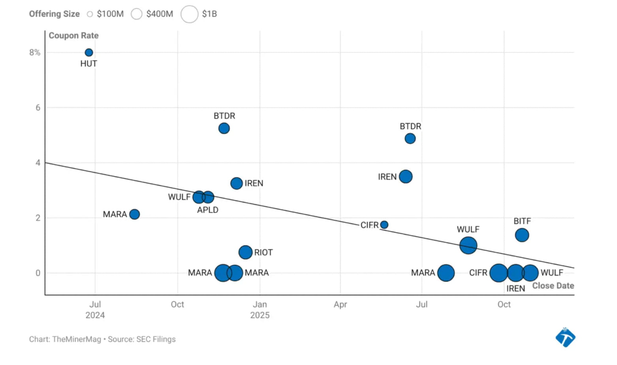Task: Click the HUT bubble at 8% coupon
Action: [89, 53]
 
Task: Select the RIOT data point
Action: [245, 252]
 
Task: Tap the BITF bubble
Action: [522, 235]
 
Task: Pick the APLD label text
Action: [207, 210]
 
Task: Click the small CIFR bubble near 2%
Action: [384, 225]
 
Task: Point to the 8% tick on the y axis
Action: [35, 53]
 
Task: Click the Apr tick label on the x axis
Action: [340, 305]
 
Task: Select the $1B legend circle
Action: [189, 14]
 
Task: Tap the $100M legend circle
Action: [90, 14]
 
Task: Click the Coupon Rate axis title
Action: [73, 36]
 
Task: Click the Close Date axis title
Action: [553, 286]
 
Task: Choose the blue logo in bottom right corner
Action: [565, 337]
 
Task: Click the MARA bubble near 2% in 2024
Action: [134, 214]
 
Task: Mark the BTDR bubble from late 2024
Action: [224, 128]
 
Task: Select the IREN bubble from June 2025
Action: [406, 177]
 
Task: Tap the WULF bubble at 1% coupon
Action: [468, 245]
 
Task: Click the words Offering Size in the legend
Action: [54, 14]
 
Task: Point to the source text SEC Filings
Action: [156, 339]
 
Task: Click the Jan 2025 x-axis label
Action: [260, 310]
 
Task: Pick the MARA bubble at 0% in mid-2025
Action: [446, 273]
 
